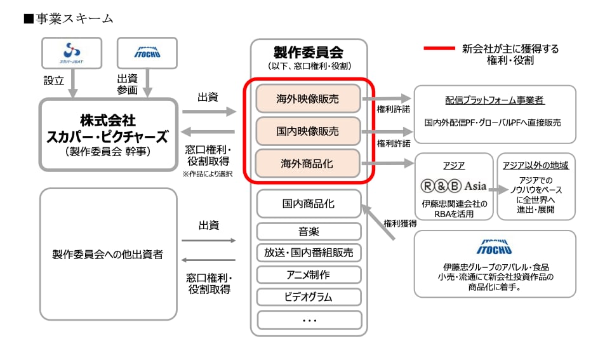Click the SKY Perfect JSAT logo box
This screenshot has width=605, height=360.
point(71,53)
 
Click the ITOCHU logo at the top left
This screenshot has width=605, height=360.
point(147,53)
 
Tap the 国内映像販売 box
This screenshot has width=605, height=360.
point(308,131)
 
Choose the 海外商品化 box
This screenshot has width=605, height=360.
point(308,163)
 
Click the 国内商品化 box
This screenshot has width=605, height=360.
point(309,204)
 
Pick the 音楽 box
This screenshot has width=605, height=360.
point(309,232)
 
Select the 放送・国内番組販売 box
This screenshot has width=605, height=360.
point(309,253)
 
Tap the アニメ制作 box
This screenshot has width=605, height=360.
point(309,274)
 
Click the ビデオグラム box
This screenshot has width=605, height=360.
point(309,297)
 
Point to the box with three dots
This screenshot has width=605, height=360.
point(309,319)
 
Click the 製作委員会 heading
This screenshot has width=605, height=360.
point(309,52)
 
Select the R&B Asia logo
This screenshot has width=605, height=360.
point(453,186)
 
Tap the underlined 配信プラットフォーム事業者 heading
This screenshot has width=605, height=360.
point(495,100)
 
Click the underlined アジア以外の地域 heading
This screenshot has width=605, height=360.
point(535,166)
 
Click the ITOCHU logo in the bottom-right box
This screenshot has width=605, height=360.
point(495,246)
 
